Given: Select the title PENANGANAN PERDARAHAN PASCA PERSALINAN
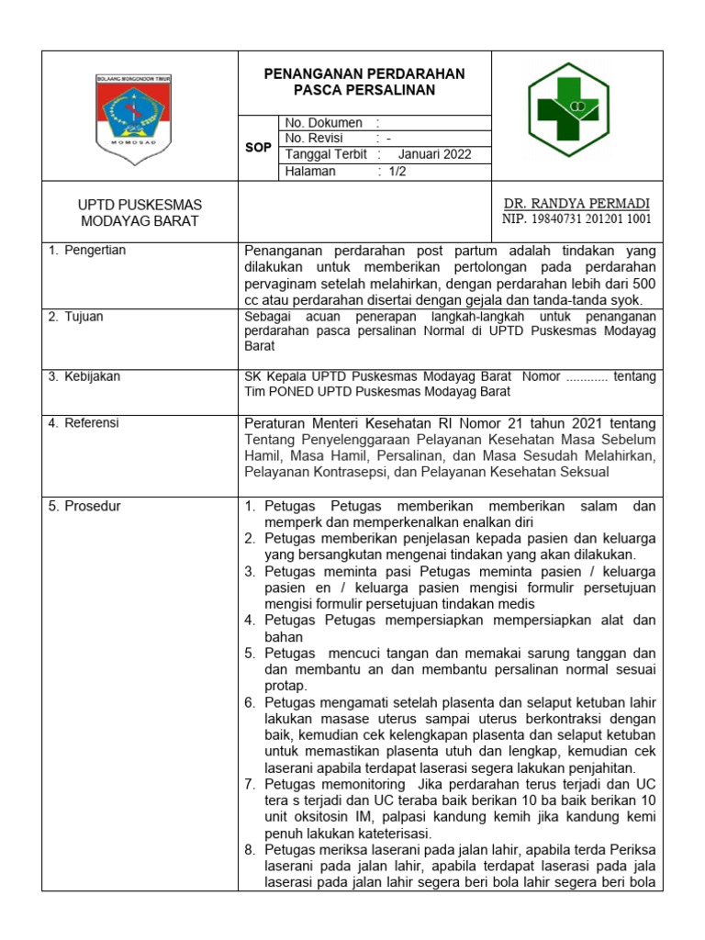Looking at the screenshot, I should [x=365, y=82].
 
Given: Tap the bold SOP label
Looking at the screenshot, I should [x=257, y=147].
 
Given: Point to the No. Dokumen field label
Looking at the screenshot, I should [x=324, y=123].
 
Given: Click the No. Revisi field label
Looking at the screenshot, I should [x=314, y=139].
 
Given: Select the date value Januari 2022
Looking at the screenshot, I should [x=434, y=154].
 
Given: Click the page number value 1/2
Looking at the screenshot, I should [x=397, y=171].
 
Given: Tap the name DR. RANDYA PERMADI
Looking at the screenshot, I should [x=576, y=203].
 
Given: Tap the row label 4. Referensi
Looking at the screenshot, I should [x=87, y=423].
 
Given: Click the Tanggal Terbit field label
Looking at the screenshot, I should [x=326, y=154].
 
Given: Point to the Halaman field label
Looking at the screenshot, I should [x=310, y=171].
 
